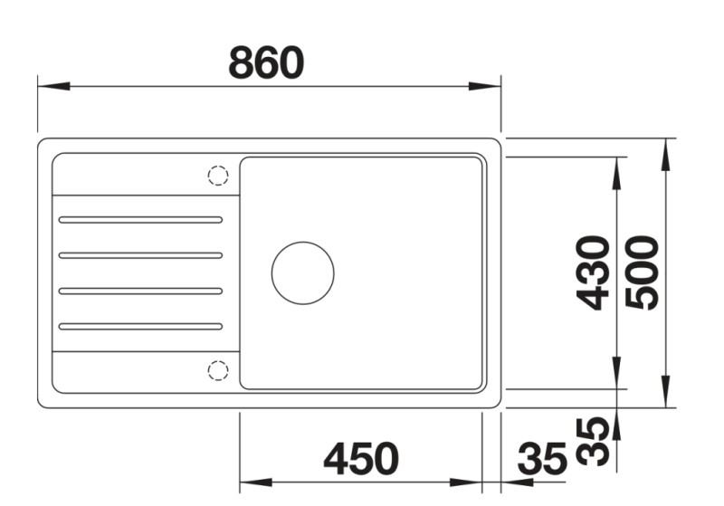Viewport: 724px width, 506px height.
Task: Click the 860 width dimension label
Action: [266, 63]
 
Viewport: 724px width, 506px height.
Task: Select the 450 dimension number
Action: [360, 459]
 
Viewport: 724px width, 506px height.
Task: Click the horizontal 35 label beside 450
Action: [541, 459]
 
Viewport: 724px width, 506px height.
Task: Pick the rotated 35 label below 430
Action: [593, 441]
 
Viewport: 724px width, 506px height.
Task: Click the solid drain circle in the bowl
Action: [302, 272]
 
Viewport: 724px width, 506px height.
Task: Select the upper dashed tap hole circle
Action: [218, 176]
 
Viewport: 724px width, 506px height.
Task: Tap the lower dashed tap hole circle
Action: [218, 369]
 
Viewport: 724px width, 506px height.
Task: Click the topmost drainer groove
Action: [140, 219]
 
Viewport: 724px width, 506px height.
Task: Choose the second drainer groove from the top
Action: [140, 255]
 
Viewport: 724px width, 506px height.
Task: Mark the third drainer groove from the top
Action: [140, 291]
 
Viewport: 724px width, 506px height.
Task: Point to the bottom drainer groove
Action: [140, 326]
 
